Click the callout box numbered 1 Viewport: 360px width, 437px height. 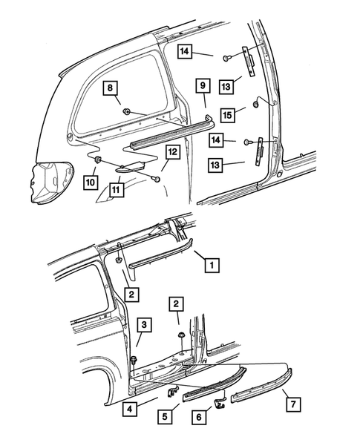point(211,263)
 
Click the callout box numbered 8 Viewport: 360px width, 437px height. point(111,90)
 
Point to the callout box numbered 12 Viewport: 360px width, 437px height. point(171,153)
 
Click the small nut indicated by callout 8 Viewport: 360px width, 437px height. point(128,113)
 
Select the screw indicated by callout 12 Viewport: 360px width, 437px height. point(156,178)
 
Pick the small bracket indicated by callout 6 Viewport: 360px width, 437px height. point(220,402)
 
